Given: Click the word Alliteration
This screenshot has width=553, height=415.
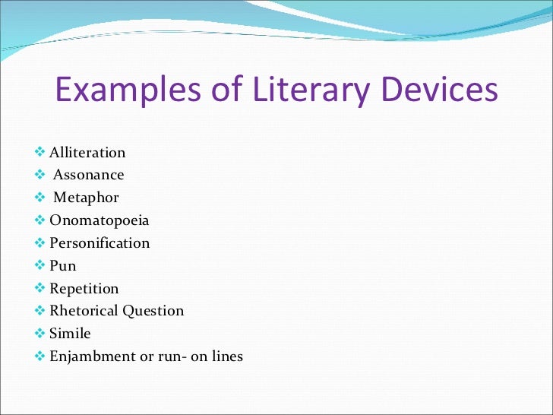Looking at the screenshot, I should pos(87,153).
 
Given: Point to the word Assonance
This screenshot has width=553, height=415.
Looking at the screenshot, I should pos(88,175).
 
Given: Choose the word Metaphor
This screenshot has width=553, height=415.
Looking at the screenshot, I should pos(86,198).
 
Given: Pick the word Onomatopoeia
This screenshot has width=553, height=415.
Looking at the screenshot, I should pos(100,220).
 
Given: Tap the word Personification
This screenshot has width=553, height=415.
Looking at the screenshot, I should pos(100,243).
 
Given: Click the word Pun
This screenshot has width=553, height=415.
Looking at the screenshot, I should pos(63,266).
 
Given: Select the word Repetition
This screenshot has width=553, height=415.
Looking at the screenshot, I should pos(84,289).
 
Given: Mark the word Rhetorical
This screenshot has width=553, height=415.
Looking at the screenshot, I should pos(84,311).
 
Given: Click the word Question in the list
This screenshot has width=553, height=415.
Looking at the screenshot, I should pos(154,311).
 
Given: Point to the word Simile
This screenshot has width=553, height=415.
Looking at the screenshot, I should pos(71,334).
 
